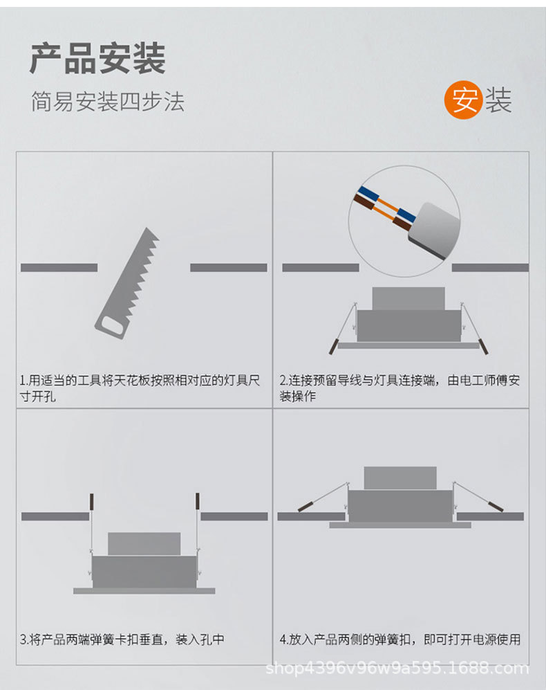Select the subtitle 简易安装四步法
pyautogui.click(x=107, y=102)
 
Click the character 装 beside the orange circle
pyautogui.click(x=498, y=101)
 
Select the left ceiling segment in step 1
pyautogui.click(x=59, y=267)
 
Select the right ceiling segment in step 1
pyautogui.click(x=228, y=267)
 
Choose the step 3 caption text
pyautogui.click(x=122, y=639)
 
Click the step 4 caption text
pyautogui.click(x=399, y=639)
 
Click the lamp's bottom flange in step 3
pyautogui.click(x=144, y=591)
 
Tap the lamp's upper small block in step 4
pyautogui.click(x=399, y=478)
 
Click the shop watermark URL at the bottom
pyautogui.click(x=397, y=669)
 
